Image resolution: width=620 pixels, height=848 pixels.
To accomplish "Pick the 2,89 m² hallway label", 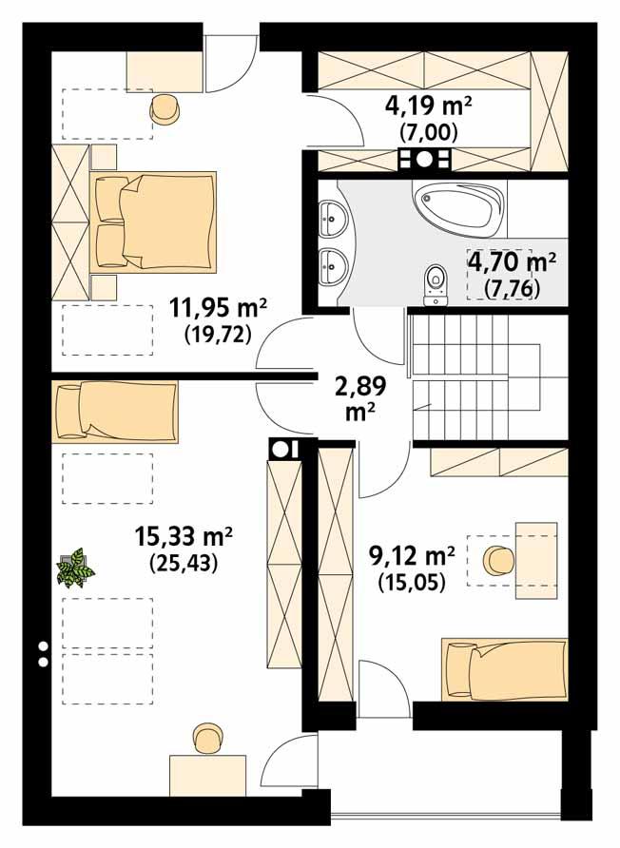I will click(x=357, y=387).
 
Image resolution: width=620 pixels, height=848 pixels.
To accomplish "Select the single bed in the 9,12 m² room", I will click(x=503, y=668).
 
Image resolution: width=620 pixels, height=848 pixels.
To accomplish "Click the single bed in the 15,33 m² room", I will click(x=115, y=412).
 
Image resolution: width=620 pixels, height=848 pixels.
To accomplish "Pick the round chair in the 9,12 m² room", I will click(x=498, y=561).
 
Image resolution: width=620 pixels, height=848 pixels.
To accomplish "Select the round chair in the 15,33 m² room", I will click(x=207, y=738).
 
